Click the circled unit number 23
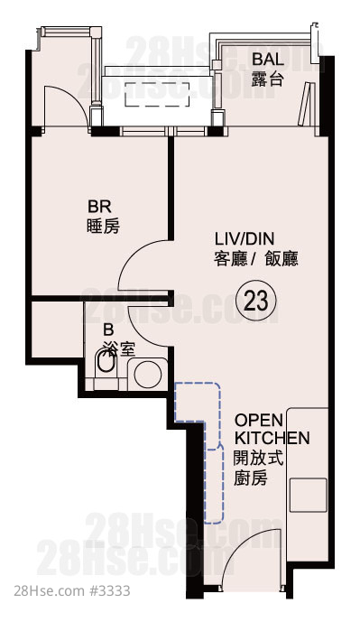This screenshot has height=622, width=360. click(x=255, y=302)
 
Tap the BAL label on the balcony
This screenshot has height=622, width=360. click(x=268, y=60)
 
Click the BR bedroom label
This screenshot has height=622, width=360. click(x=99, y=207)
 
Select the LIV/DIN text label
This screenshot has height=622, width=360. click(x=245, y=239)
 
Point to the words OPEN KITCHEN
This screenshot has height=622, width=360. click(x=272, y=429)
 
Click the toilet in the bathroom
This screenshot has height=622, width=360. click(x=106, y=359)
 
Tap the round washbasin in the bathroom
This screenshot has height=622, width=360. click(x=147, y=374)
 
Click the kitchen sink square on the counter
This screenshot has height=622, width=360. click(x=308, y=495)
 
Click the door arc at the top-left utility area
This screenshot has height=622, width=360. click(x=74, y=97)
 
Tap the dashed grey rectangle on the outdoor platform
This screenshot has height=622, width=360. click(x=157, y=95)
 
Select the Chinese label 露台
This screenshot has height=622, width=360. click(x=268, y=79)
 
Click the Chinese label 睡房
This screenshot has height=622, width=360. click(x=103, y=227)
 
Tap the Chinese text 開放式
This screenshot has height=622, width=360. click(x=258, y=459)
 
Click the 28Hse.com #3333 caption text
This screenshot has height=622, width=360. click(x=72, y=590)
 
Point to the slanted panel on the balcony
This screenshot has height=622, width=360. click(x=307, y=103)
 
